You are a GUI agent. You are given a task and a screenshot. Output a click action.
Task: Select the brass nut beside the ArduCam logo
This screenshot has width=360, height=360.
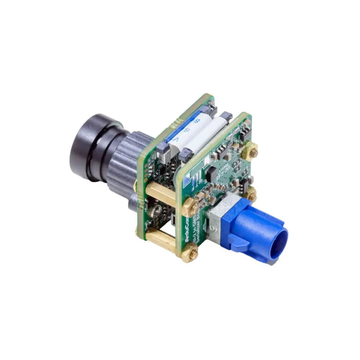[190, 209]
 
